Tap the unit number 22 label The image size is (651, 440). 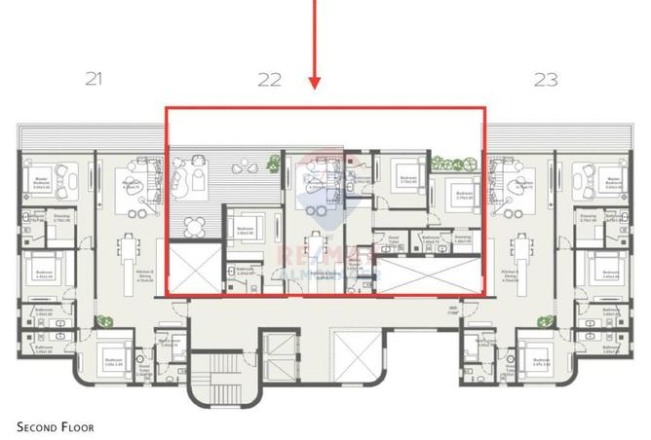click(x=268, y=80)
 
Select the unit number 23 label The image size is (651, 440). click(x=545, y=80)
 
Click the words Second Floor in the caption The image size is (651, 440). click(x=57, y=426)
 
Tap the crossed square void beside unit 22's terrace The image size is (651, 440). click(x=195, y=268)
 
